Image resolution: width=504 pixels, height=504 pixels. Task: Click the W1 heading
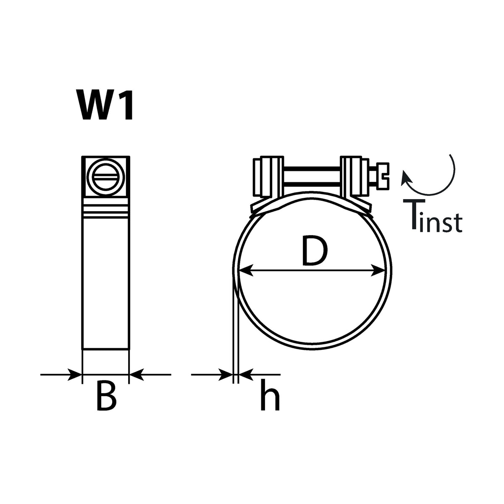click(105, 105)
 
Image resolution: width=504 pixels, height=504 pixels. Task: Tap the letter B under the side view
click(106, 402)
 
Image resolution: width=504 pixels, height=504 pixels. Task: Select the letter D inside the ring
click(315, 251)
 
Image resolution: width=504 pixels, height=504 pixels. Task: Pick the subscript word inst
click(441, 222)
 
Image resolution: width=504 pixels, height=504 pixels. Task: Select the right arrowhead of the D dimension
click(378, 270)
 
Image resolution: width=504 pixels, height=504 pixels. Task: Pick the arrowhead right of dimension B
click(136, 375)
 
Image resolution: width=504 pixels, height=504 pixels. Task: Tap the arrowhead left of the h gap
click(226, 375)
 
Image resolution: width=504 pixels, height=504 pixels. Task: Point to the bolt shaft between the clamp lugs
click(312, 177)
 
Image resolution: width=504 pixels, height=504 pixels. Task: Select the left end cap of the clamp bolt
click(257, 177)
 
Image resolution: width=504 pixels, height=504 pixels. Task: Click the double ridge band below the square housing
click(106, 211)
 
